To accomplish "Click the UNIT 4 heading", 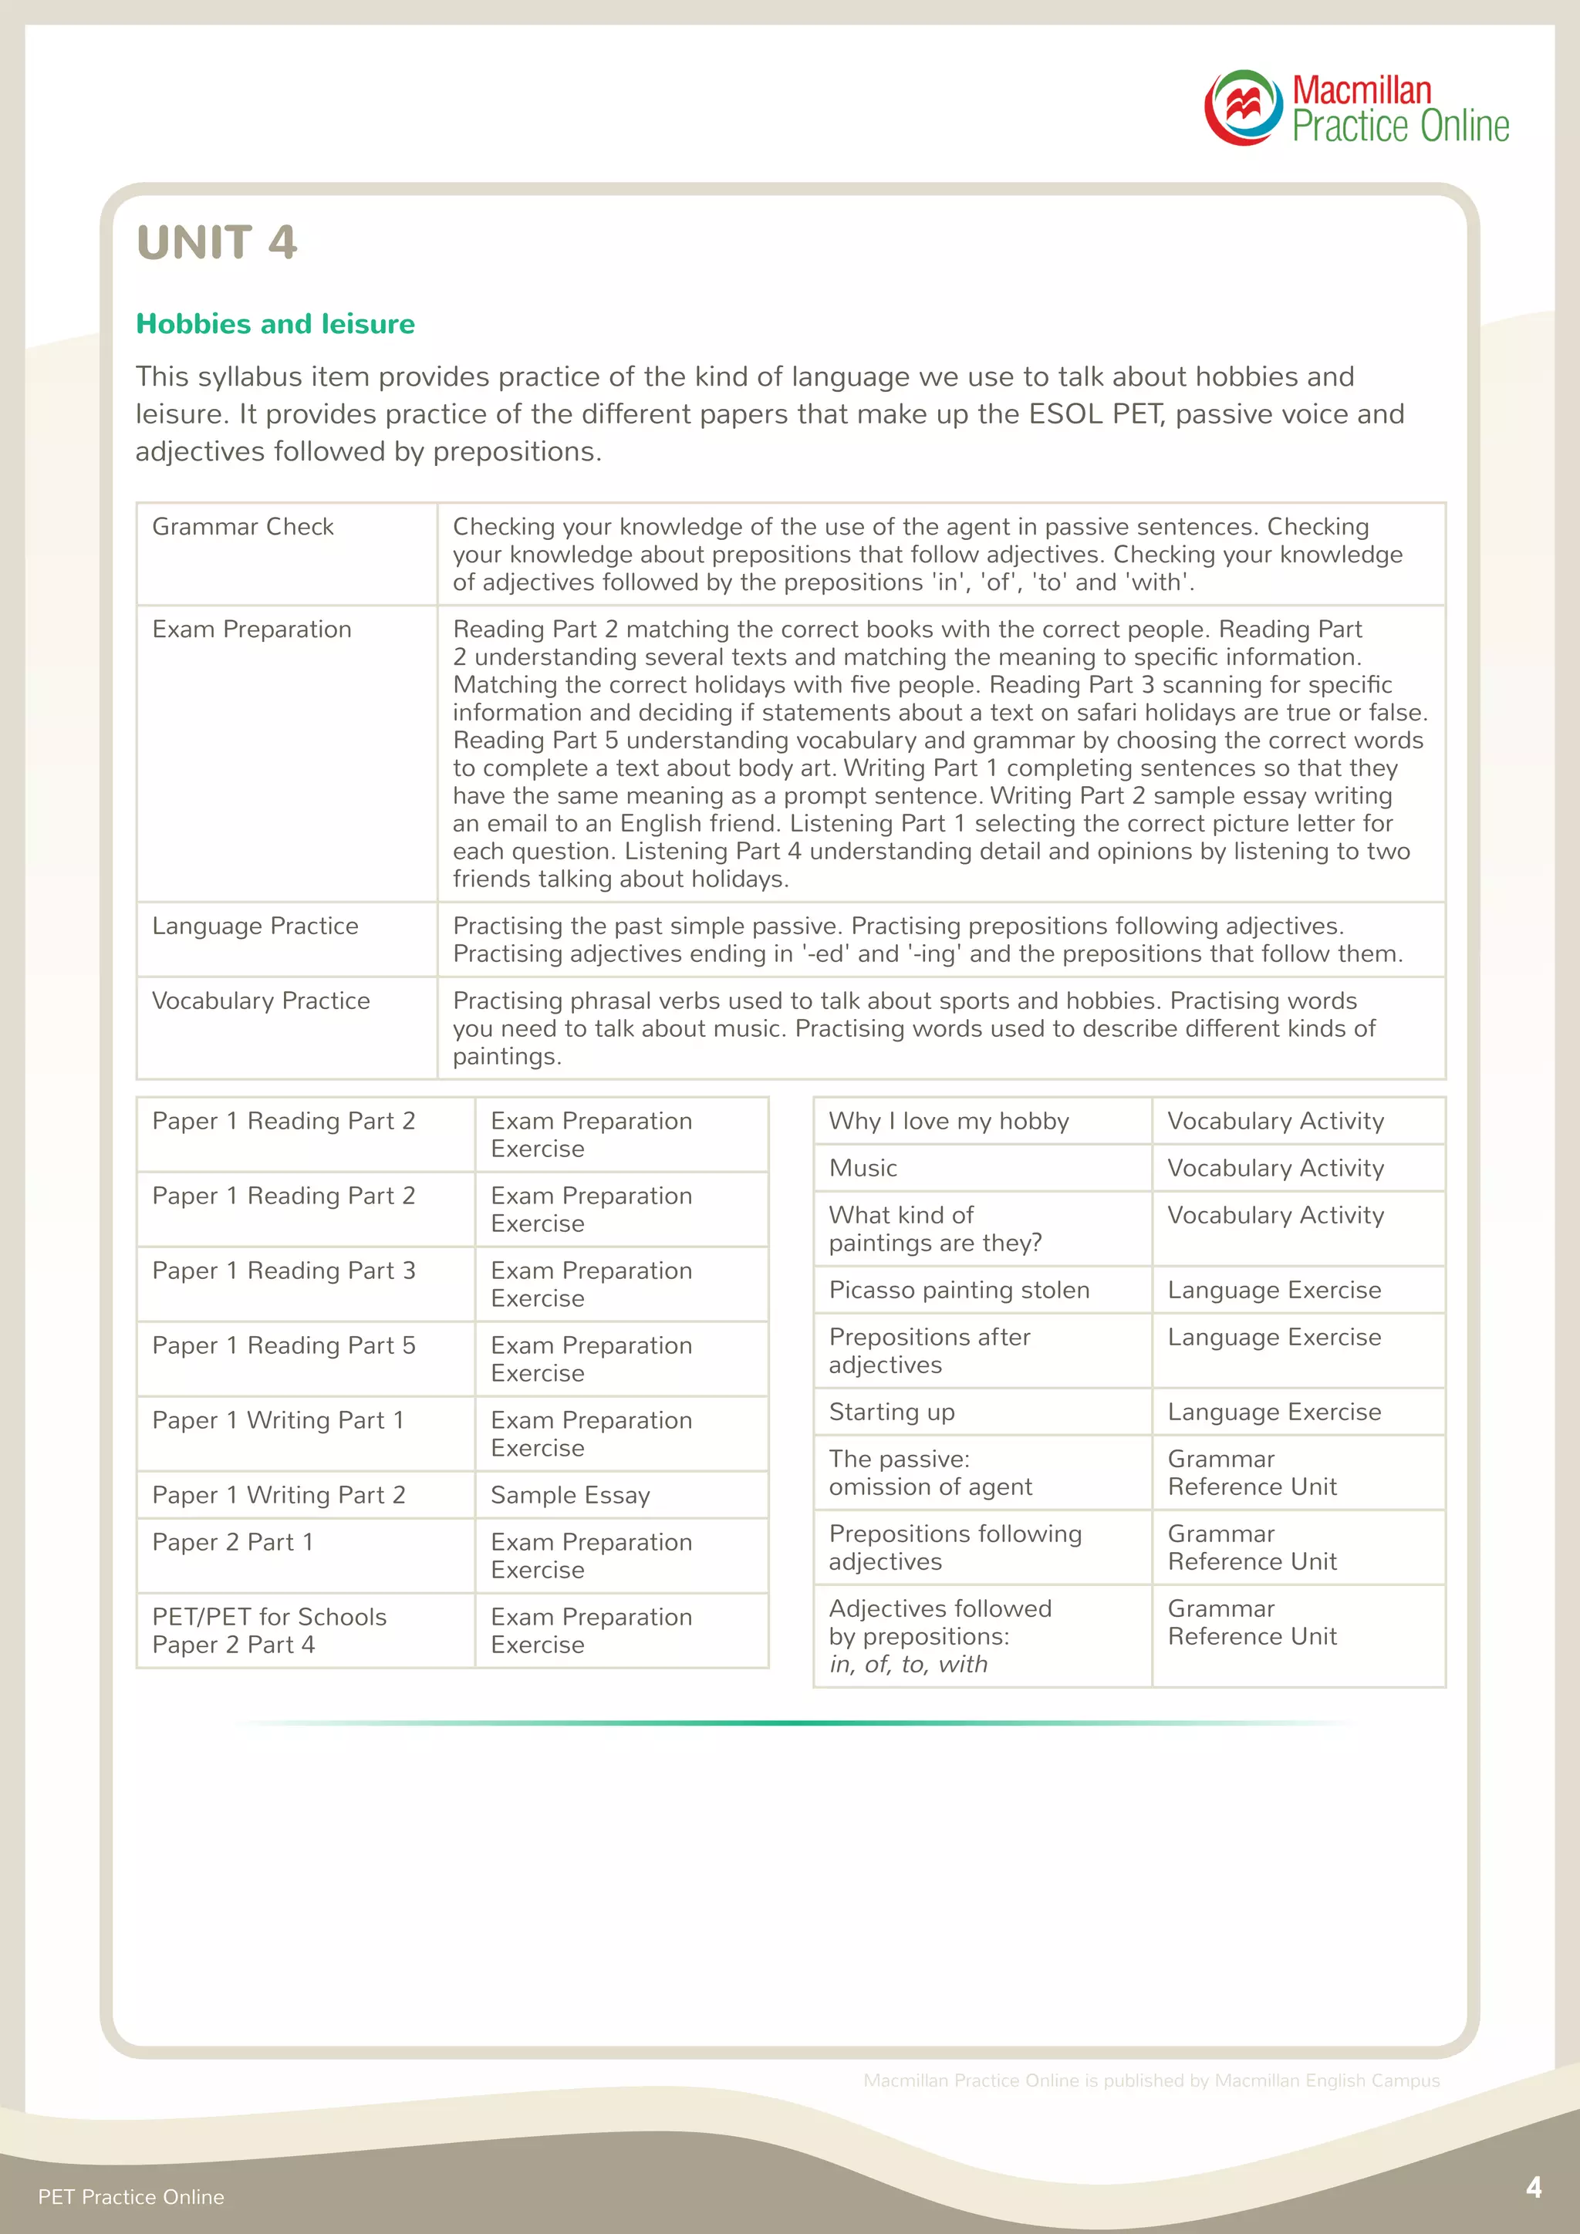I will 216,242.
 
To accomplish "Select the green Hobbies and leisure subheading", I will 275,324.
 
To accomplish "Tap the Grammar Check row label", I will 242,526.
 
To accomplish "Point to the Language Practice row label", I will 255,926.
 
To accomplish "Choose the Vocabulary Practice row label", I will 261,1001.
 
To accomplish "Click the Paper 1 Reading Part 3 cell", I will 283,1271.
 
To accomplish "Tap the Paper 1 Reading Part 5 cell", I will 283,1345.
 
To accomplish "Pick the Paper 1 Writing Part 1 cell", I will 277,1421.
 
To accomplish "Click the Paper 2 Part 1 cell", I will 232,1542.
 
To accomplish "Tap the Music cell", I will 863,1168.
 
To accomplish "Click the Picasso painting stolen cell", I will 958,1291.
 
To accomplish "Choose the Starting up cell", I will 891,1412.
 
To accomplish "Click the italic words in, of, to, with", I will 908,1664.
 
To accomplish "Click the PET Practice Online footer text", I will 130,2197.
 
